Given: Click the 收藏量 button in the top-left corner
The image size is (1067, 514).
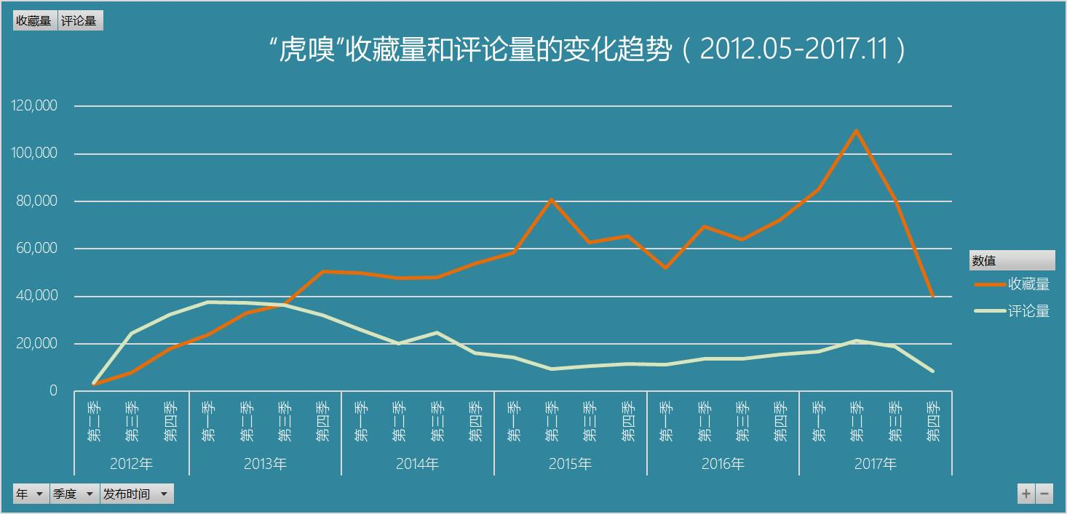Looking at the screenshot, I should tap(34, 21).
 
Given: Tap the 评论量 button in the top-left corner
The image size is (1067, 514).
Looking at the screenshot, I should tap(79, 21).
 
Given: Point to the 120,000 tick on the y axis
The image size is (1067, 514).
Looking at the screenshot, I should tap(35, 106).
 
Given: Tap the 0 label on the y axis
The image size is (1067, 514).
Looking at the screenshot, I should tap(53, 391).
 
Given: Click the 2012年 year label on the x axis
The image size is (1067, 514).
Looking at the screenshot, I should tap(132, 463).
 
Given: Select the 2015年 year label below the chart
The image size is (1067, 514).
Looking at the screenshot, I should tap(570, 463).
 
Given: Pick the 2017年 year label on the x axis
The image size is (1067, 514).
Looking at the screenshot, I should tap(875, 463).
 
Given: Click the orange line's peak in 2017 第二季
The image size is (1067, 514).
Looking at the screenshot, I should tap(856, 131).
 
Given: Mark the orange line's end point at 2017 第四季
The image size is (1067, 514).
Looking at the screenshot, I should tap(932, 296).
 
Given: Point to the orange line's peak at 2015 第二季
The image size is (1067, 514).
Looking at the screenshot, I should tap(551, 199).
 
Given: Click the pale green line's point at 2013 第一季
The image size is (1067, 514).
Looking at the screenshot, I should tap(208, 302).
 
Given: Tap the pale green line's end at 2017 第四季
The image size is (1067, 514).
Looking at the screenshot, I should tap(932, 371).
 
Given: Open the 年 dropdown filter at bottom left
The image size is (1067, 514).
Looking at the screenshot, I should tap(31, 494).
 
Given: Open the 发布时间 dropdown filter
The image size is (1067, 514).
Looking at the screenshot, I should tap(136, 494).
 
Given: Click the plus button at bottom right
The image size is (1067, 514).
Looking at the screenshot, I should tap(1026, 494).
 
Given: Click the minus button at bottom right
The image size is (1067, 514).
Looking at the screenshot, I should tap(1044, 494).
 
